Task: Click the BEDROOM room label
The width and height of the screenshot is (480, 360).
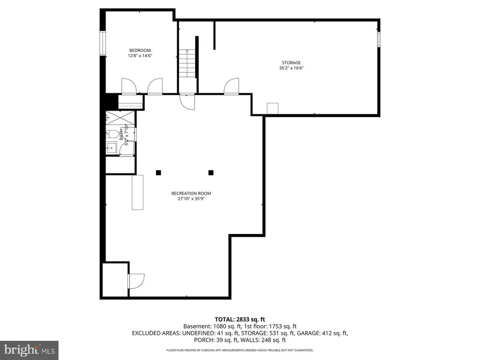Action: click(140, 50)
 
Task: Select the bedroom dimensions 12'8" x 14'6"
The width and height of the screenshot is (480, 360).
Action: click(140, 56)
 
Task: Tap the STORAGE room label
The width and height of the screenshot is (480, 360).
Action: click(291, 62)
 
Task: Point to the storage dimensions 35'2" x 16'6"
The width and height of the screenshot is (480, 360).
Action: click(291, 68)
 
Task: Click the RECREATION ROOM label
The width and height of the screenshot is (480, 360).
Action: click(191, 193)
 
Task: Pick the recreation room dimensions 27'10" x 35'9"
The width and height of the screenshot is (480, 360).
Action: click(191, 199)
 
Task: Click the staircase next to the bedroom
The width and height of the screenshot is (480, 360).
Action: click(187, 63)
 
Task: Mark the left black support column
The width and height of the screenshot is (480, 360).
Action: click(159, 172)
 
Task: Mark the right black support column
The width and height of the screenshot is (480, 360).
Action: click(211, 172)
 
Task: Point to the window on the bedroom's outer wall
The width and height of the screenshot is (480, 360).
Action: click(102, 44)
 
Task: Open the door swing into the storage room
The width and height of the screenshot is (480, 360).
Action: click(231, 87)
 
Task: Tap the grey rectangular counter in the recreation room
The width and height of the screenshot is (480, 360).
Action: click(138, 192)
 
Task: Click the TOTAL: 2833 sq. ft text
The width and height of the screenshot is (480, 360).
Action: click(240, 319)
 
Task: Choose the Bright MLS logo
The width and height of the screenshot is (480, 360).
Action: click(29, 349)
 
